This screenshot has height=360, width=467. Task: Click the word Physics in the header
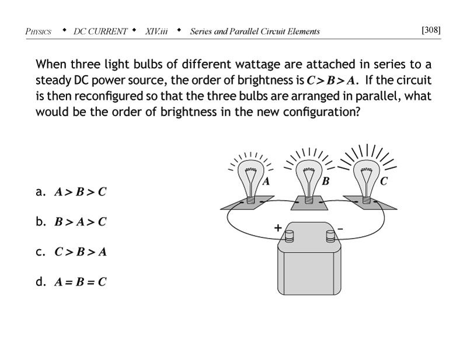[x=39, y=32]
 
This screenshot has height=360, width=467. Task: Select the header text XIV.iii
[x=156, y=32]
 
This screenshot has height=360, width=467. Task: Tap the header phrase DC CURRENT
[x=100, y=32]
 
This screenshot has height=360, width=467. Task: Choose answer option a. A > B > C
[x=72, y=191]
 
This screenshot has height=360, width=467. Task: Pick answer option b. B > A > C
[x=72, y=222]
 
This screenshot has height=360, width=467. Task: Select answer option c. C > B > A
[x=72, y=252]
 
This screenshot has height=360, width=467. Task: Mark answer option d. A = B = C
[x=72, y=282]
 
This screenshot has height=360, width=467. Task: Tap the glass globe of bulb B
[x=309, y=175]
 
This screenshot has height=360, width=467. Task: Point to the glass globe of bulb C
[x=367, y=175]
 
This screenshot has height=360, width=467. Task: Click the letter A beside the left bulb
[x=266, y=182]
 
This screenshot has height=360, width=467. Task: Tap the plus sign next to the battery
[x=278, y=229]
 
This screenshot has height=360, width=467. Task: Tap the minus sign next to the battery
[x=341, y=229]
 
